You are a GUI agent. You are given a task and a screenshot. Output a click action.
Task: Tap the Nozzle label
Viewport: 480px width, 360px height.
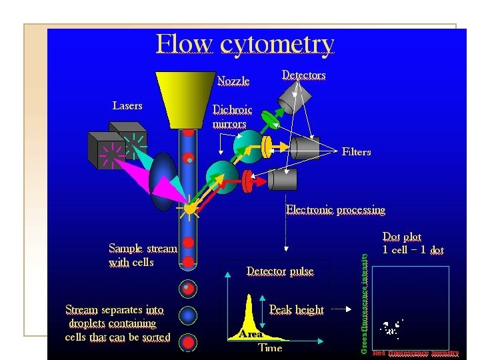[x=233, y=81]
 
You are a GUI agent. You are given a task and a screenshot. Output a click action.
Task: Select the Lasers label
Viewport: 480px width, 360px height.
[x=127, y=105]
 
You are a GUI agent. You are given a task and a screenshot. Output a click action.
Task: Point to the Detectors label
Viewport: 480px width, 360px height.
[x=303, y=75]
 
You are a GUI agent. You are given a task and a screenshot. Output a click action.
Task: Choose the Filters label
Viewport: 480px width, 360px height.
[x=356, y=152]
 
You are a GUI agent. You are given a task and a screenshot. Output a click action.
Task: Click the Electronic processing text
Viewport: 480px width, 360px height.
[x=335, y=210]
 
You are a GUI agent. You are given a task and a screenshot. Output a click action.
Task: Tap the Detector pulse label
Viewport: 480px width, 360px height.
[x=280, y=271]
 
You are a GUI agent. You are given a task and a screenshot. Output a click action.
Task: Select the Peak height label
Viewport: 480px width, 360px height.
[x=296, y=310]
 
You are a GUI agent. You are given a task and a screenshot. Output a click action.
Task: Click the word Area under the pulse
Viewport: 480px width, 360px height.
[x=251, y=334]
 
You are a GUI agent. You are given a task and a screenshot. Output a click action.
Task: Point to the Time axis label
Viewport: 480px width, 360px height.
[x=270, y=348]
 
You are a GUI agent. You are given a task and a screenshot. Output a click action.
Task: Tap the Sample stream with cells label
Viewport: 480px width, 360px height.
[x=142, y=255]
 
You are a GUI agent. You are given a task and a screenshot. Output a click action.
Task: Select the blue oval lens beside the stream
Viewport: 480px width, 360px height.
[x=162, y=181]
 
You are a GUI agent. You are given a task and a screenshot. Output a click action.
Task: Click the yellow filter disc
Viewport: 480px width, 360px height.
[x=267, y=147]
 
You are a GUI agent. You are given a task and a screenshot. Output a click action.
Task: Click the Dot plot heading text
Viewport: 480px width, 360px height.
[x=402, y=237]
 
